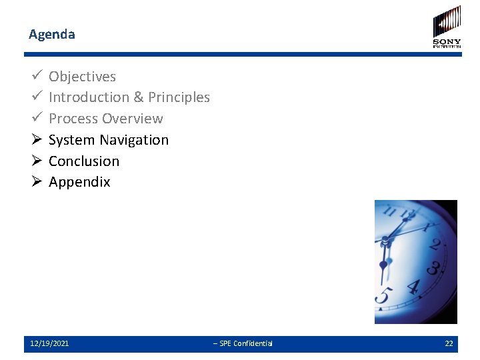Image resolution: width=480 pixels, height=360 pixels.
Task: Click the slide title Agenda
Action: [x=52, y=34]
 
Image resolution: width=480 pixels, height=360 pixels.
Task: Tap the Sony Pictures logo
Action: [x=447, y=27]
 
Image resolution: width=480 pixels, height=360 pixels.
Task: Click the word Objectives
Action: [x=82, y=77]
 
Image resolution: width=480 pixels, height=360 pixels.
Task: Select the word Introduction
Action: [x=89, y=97]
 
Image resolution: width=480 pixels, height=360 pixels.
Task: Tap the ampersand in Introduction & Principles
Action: [x=139, y=97]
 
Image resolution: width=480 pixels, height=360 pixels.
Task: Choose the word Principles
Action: [x=179, y=97]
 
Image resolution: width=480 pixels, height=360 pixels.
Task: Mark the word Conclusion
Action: [x=84, y=161]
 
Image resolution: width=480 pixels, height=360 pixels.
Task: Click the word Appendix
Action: [x=79, y=182]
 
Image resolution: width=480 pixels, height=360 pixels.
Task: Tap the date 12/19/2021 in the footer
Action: [x=49, y=343]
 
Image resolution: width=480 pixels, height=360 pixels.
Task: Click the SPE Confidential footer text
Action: [x=243, y=343]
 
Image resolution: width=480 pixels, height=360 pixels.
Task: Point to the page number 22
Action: [x=449, y=343]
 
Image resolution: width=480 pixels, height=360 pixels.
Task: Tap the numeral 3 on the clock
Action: [x=432, y=268]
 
